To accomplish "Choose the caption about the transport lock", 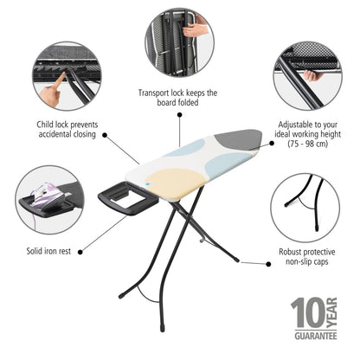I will point(178,98).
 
